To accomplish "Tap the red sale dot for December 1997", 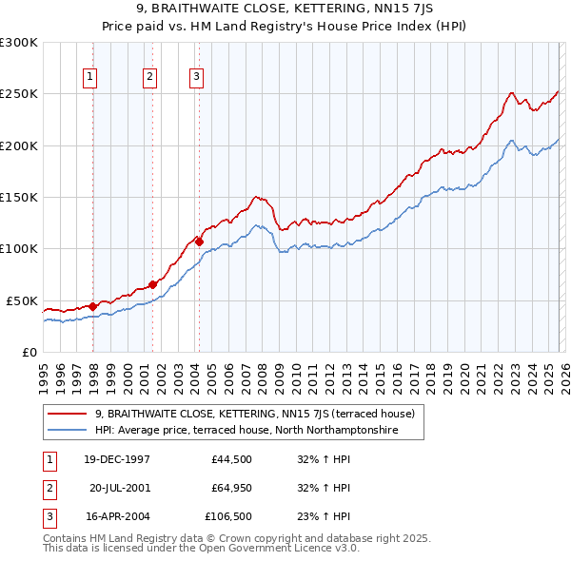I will click(92, 306).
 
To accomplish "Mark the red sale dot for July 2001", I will click(153, 284).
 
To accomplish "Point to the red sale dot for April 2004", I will click(200, 242).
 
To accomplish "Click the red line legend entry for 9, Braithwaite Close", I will click(254, 414).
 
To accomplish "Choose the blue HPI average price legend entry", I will click(245, 431).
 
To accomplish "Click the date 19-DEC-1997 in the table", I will click(117, 459).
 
